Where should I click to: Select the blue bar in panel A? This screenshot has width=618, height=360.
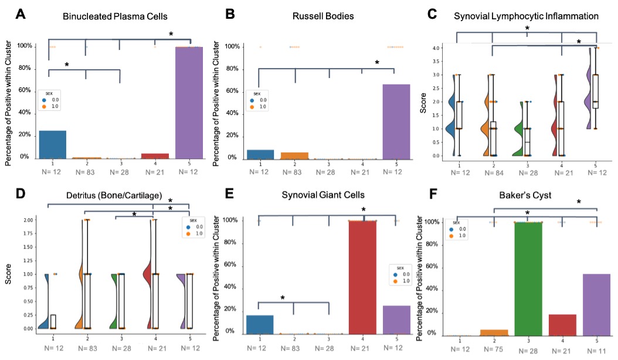[53, 144]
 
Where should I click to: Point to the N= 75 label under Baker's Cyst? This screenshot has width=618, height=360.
[493, 349]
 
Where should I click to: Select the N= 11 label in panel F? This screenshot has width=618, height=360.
[596, 349]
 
